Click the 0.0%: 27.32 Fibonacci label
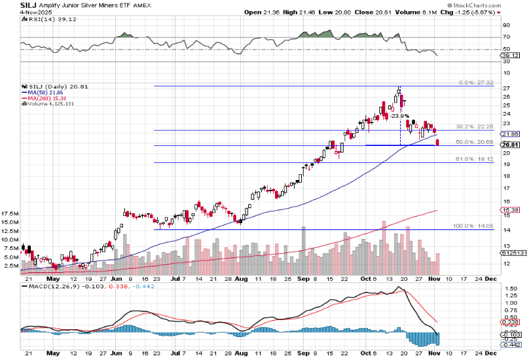pos(477,83)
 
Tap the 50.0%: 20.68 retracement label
pos(475,142)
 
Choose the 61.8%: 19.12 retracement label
pos(475,159)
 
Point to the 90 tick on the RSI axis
pos(505,26)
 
